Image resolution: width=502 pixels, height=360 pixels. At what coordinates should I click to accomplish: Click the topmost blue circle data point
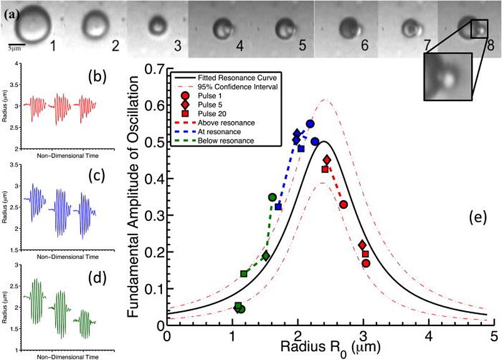[310, 124]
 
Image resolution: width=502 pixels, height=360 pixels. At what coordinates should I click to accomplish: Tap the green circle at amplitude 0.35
[272, 198]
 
